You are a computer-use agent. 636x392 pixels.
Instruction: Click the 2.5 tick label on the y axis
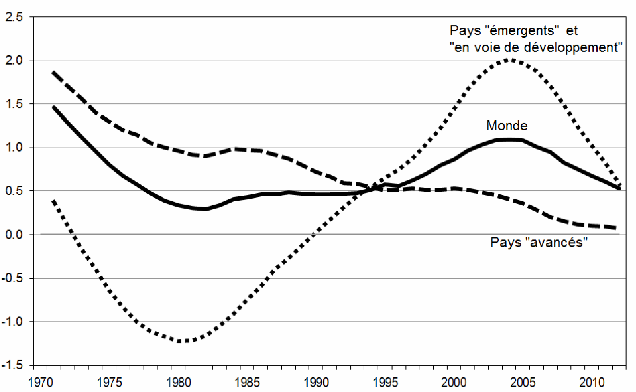pyautogui.click(x=13, y=17)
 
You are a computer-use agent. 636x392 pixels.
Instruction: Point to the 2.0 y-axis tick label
pyautogui.click(x=13, y=61)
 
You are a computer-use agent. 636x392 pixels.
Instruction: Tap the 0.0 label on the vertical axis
pyautogui.click(x=13, y=235)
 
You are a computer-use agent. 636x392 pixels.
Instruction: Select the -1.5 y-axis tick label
pyautogui.click(x=12, y=365)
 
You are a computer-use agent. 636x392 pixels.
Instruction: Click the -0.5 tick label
pyautogui.click(x=12, y=278)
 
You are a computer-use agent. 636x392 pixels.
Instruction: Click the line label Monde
pyautogui.click(x=506, y=125)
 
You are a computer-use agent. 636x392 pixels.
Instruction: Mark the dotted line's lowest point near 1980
pyautogui.click(x=182, y=341)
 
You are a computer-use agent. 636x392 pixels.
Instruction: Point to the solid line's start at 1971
pyautogui.click(x=53, y=106)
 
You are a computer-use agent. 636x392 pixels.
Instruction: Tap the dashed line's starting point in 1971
pyautogui.click(x=53, y=73)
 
